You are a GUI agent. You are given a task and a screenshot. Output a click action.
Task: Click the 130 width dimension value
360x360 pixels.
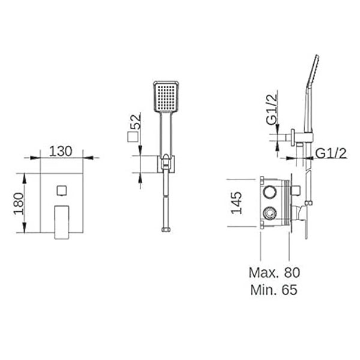61,151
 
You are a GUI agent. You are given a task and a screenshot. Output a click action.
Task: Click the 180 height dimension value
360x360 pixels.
19,203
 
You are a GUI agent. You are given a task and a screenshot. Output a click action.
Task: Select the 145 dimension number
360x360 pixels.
236,203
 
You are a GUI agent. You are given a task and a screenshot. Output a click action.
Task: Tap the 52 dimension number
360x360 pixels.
135,121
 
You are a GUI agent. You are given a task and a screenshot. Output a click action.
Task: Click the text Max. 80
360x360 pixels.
274,272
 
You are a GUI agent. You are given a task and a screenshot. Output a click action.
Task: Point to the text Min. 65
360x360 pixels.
274,290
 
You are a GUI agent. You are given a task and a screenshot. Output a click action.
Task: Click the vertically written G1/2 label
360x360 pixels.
272,110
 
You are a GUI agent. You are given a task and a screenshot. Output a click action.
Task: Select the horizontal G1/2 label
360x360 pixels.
331,153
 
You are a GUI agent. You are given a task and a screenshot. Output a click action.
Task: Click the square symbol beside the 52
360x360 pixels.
133,137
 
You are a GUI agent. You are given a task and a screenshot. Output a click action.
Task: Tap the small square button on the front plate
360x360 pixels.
62,190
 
